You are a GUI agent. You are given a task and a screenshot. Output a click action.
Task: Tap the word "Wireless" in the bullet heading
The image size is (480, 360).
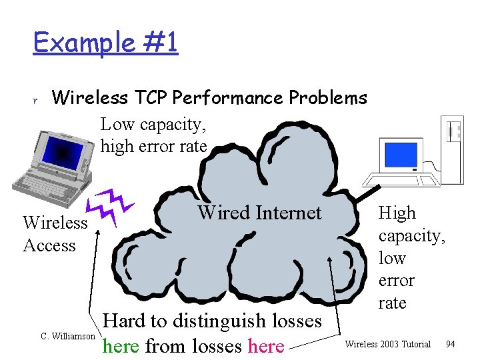pos(89,98)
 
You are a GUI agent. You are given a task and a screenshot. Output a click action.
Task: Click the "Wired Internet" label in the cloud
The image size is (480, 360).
pos(259,213)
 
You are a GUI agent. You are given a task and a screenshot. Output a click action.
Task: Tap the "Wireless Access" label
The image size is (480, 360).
pos(55,233)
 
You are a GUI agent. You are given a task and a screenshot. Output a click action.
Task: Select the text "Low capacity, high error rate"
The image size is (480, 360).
pos(153,135)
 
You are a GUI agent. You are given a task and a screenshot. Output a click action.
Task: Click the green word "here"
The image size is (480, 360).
pos(121,346)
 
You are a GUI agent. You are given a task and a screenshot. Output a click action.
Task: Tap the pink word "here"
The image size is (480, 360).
pos(266,346)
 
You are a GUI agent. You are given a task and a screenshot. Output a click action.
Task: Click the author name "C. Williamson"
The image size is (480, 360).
pos(67,336)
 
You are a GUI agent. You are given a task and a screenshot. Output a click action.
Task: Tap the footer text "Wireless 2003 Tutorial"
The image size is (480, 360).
pos(387,344)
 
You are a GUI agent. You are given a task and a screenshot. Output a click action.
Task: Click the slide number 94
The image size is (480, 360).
pos(450,344)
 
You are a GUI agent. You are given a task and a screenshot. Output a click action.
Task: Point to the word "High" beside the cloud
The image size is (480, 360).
pos(397,213)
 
